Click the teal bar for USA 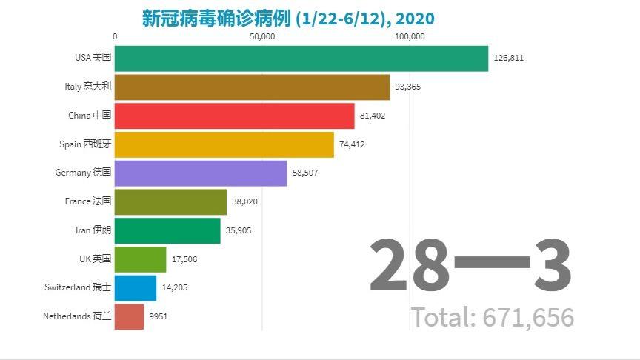pos(301,59)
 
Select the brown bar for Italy pos(252,87)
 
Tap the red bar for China pos(235,116)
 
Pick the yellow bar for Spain pos(224,144)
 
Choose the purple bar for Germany pos(201,173)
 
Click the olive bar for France pos(170,201)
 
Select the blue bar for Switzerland pos(136,287)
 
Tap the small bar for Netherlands pos(130,316)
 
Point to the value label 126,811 pos(508,59)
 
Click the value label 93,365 pos(408,87)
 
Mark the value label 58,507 pos(305,173)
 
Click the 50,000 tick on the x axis pos(263,36)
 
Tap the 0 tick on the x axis pos(115,36)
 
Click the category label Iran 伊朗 pos(93,230)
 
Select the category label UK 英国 pos(95,259)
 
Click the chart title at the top pos(288,18)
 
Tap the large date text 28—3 pos(470,265)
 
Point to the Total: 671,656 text pos(493,317)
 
